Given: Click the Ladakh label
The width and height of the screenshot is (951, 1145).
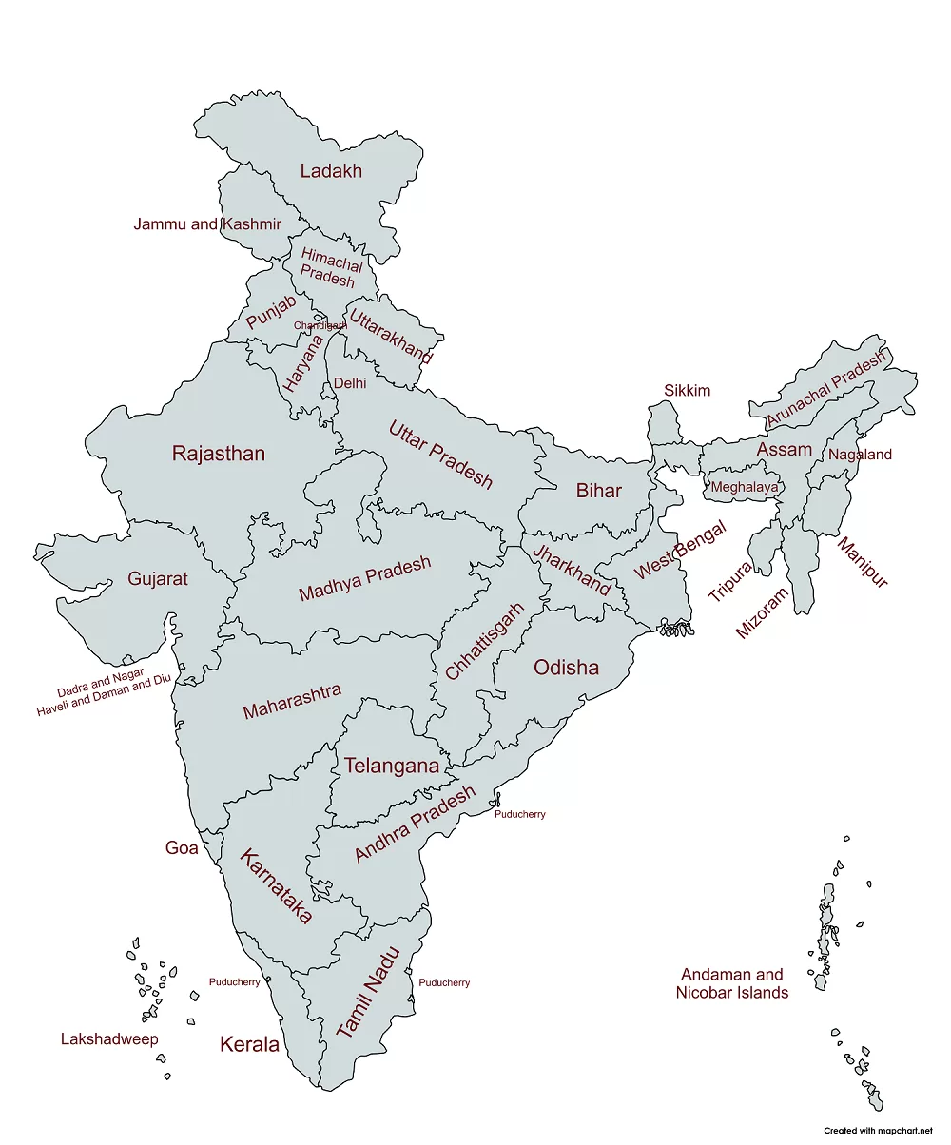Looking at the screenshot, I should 331,171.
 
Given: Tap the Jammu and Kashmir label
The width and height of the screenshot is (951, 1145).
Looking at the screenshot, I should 207,224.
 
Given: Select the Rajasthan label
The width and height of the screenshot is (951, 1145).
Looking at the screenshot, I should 218,454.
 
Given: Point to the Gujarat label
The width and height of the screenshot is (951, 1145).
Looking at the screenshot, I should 158,579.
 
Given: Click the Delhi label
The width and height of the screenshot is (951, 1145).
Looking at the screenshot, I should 349,383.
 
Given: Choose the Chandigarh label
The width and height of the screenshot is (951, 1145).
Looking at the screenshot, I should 320,325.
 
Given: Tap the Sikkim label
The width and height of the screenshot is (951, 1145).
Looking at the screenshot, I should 687,391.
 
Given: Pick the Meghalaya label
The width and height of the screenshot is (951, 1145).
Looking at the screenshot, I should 744,487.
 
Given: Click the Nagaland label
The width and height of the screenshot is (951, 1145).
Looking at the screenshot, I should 860,455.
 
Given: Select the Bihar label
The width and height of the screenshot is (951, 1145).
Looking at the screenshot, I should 598,491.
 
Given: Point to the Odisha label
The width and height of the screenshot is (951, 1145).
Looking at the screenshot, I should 566,668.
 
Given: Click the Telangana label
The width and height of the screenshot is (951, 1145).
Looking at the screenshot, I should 392,766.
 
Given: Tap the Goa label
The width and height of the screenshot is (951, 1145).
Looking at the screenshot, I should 182,847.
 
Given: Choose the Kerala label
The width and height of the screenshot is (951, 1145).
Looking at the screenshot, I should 249,1044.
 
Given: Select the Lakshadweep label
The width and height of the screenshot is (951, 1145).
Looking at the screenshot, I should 109,1038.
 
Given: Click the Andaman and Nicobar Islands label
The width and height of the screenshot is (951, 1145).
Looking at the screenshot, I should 731,983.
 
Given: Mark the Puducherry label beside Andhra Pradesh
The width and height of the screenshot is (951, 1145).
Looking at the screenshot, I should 519,814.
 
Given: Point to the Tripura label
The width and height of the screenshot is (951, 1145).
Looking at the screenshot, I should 730,581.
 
